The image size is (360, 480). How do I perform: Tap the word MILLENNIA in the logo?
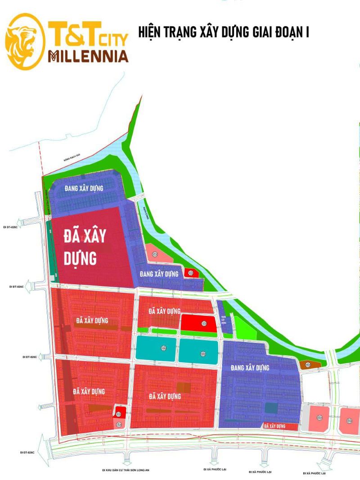tap(88, 56)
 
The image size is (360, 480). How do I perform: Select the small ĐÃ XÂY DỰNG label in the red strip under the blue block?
tap(275, 426)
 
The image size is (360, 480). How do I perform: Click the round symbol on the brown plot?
tap(307, 364)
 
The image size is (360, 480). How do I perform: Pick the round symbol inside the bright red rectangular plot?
tap(205, 323)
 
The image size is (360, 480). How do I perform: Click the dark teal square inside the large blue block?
tap(271, 408)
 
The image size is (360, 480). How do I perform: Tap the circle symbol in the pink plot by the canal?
tap(155, 255)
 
